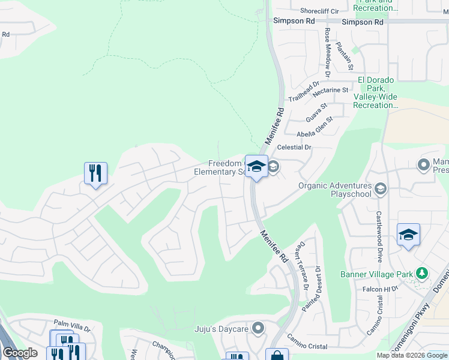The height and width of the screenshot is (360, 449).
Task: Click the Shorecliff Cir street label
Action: pyautogui.click(x=319, y=11)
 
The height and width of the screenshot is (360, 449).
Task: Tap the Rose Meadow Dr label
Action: pyautogui.click(x=328, y=53)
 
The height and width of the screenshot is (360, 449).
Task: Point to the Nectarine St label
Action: pyautogui.click(x=331, y=90)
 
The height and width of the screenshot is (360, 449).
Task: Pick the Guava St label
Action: pyautogui.click(x=316, y=112)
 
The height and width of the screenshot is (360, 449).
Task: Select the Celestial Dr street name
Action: pyautogui.click(x=294, y=147)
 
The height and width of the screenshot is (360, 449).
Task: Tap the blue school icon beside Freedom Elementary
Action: pyautogui.click(x=256, y=166)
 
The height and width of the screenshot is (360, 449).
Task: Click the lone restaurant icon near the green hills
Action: pyautogui.click(x=95, y=173)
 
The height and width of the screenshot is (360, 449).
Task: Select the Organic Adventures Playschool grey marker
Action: pyautogui.click(x=380, y=190)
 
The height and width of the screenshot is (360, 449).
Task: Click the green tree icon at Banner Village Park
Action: pyautogui.click(x=423, y=274)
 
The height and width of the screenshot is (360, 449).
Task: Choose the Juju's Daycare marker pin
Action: pyautogui.click(x=258, y=328)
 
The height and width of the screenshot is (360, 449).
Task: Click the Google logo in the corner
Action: pyautogui.click(x=20, y=353)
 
